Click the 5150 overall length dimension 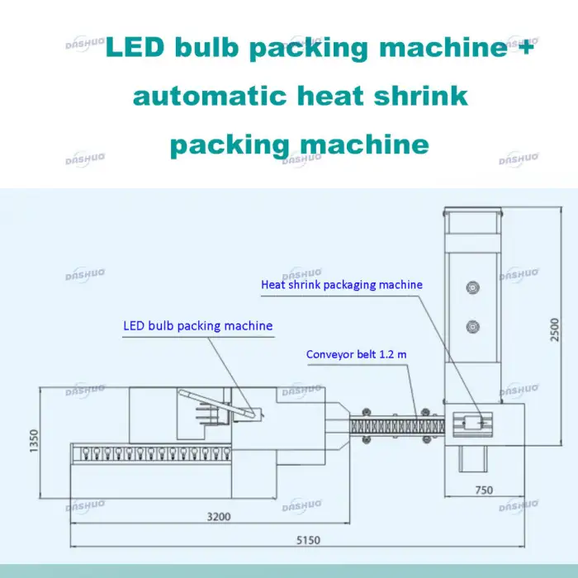pyautogui.click(x=307, y=540)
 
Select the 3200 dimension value pyautogui.click(x=218, y=517)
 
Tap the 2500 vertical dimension pyautogui.click(x=555, y=329)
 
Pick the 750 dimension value pyautogui.click(x=484, y=490)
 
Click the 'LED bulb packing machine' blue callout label pyautogui.click(x=197, y=326)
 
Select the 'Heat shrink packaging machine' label pyautogui.click(x=341, y=285)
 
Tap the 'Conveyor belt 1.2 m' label pyautogui.click(x=356, y=355)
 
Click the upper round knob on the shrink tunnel pyautogui.click(x=473, y=287)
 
